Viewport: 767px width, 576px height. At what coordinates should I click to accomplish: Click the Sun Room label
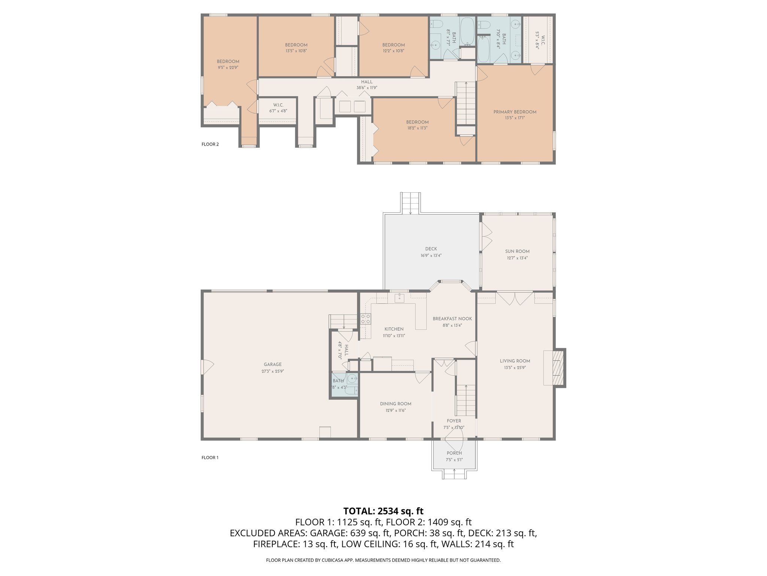517,251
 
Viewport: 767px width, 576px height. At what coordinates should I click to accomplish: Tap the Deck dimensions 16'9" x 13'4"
431,255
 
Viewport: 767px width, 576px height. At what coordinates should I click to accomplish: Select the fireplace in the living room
555,367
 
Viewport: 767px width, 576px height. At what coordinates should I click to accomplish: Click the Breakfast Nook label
452,319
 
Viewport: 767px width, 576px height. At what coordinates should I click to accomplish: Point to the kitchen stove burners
366,319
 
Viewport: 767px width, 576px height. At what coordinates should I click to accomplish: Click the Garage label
273,364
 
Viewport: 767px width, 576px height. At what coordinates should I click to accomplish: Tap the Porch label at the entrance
454,453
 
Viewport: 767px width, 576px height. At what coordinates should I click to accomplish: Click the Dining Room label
395,404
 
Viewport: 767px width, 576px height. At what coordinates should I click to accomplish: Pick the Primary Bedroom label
515,112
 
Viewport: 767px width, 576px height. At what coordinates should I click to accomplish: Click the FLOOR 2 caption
210,144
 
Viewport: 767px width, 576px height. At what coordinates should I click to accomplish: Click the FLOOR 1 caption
210,457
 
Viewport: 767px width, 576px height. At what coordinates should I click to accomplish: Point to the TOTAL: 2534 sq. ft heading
383,511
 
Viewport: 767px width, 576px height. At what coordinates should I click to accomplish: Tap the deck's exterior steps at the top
411,202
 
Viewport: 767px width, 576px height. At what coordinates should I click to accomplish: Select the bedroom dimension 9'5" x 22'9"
228,68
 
